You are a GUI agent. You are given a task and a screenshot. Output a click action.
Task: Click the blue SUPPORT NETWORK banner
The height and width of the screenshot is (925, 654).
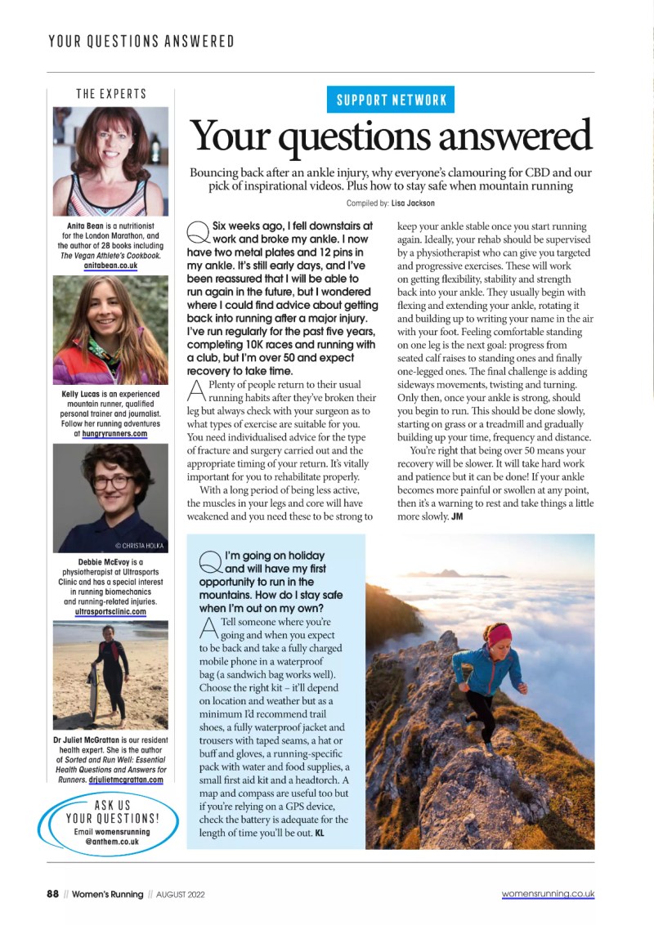[391, 100]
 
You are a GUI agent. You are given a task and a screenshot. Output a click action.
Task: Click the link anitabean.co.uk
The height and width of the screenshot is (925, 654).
[110, 266]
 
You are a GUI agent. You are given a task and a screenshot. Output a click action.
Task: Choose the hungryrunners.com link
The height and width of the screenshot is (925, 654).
[114, 434]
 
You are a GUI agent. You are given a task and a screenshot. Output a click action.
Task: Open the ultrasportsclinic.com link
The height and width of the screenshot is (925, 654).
[110, 611]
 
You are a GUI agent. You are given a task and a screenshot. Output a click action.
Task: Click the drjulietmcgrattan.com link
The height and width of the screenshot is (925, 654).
[126, 780]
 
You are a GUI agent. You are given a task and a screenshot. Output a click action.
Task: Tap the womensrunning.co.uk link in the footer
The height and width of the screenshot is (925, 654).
[548, 894]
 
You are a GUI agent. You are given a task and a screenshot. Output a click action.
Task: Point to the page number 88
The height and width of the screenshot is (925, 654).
[52, 894]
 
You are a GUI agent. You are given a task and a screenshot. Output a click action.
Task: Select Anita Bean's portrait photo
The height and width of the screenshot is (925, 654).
[110, 162]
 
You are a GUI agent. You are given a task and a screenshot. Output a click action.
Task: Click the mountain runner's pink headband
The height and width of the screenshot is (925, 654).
[498, 633]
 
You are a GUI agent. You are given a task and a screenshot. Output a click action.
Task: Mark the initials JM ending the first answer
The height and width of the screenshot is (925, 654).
[457, 516]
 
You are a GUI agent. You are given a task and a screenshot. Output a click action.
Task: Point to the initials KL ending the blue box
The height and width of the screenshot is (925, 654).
[320, 833]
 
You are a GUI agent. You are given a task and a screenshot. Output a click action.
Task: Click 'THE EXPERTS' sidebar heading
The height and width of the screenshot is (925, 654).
[111, 94]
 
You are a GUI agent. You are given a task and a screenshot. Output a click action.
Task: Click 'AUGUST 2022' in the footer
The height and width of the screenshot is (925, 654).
[180, 895]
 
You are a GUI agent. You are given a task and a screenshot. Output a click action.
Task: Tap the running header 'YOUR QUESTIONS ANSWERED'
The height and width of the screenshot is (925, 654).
[141, 41]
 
